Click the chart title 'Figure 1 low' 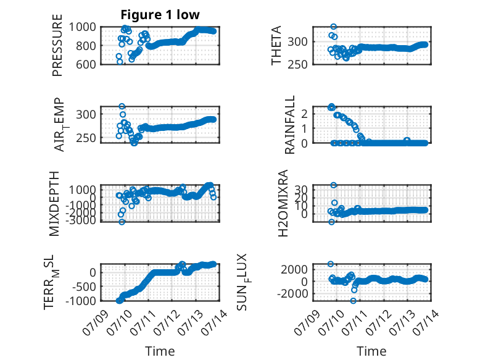point(160,15)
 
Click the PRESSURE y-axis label point(57,45)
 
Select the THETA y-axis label point(276,45)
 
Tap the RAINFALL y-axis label point(289,124)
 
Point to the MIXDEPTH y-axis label point(54,204)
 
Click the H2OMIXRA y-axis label point(283,203)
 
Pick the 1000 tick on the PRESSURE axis point(82,27)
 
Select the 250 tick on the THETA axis point(297,64)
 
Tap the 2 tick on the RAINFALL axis point(304,114)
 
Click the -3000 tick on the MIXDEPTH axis point(80,220)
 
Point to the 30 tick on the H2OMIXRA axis point(301,190)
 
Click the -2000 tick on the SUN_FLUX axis point(292,293)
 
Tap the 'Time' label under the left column point(160,351)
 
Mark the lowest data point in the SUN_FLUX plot point(354,301)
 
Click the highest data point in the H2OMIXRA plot point(334,185)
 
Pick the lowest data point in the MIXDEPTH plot point(122,222)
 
